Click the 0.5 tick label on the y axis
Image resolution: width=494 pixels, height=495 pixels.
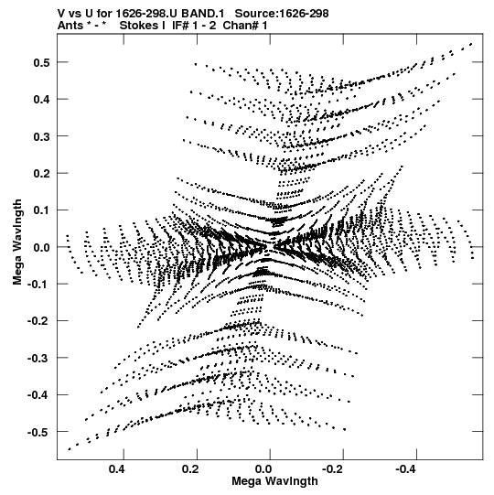tap(41, 62)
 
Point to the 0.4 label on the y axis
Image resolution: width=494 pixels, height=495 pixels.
tap(41, 100)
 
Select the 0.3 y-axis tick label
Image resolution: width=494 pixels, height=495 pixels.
tap(41, 136)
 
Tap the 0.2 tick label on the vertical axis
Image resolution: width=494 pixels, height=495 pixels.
tap(41, 173)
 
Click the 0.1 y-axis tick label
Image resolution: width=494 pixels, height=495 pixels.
tap(41, 210)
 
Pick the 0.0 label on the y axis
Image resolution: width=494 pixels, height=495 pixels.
tap(41, 247)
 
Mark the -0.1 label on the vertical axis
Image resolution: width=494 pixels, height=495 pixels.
tap(38, 285)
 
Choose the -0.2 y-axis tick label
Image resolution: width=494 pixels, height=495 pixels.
tap(38, 321)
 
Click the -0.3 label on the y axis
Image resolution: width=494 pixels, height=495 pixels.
tap(38, 358)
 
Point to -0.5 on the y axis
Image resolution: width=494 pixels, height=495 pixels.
tap(38, 432)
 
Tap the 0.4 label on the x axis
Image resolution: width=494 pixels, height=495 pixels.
tap(117, 469)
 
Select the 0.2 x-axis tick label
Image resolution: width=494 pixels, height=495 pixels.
tap(190, 469)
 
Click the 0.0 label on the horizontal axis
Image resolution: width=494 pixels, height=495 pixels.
tap(263, 469)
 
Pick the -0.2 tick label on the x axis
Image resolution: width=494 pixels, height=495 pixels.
tap(334, 469)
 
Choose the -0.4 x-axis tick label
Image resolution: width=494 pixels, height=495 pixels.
tap(407, 469)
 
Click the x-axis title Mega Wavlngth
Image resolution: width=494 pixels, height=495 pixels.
tap(275, 481)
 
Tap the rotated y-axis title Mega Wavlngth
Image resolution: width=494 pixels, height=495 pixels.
tap(17, 242)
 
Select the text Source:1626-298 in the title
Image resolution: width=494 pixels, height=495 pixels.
tap(282, 14)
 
